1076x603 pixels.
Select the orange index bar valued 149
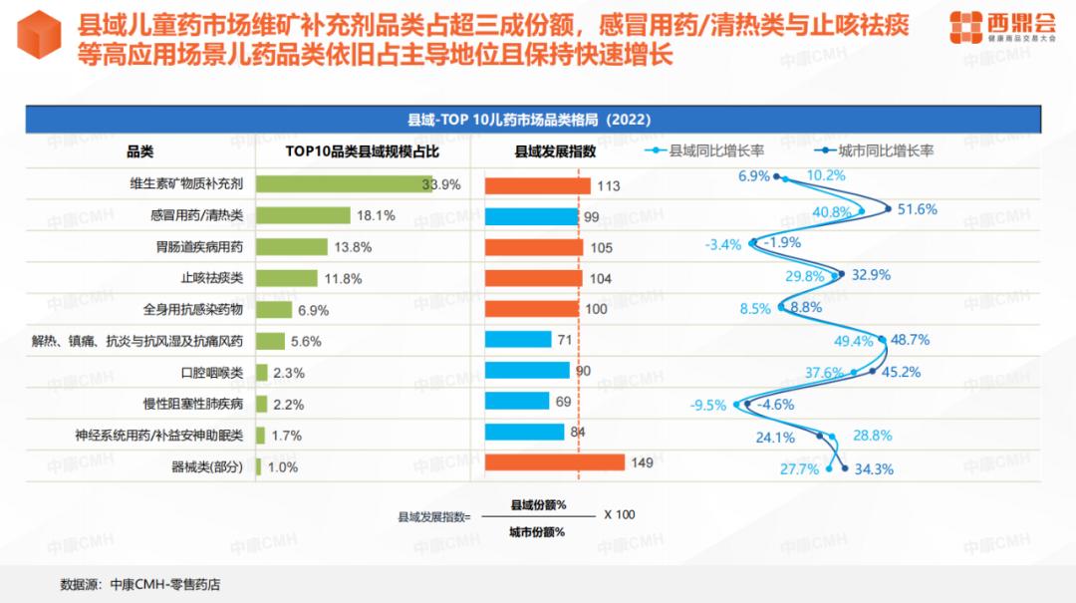(x=555, y=462)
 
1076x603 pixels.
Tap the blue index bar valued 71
(x=518, y=340)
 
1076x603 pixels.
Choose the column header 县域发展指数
(x=555, y=151)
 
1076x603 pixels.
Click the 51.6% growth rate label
(x=917, y=209)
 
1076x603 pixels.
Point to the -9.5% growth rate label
(x=708, y=406)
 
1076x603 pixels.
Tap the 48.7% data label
(x=910, y=340)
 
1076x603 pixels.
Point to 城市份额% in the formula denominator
(x=537, y=532)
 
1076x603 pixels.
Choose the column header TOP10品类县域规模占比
(x=363, y=151)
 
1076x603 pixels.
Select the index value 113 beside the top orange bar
(x=609, y=185)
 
